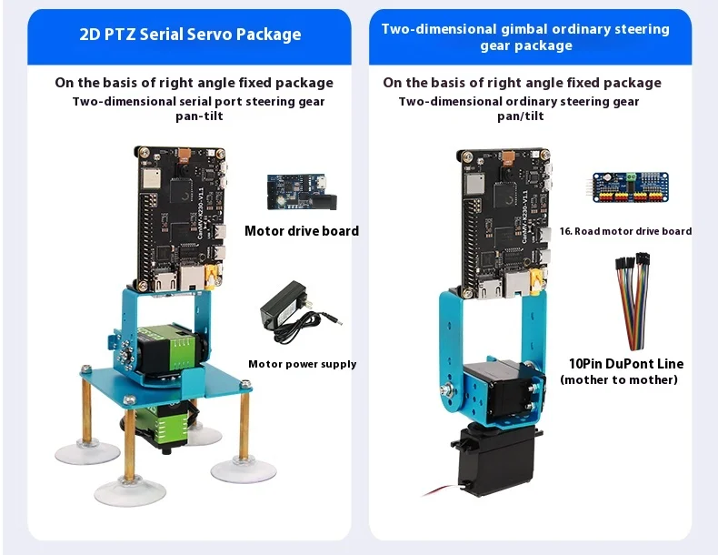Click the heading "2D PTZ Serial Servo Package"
coord(190,35)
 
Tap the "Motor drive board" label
coord(302,231)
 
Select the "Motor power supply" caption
coord(303,364)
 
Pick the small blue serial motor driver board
coord(302,192)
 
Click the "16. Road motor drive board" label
coord(625,231)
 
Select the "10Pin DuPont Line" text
coord(626,364)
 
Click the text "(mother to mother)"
coord(619,380)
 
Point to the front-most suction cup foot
coord(129,491)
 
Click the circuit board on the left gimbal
coord(182,219)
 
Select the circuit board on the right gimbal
coord(504,222)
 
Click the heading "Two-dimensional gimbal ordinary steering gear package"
coord(525,37)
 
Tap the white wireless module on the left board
coord(151,178)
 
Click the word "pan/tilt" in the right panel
coord(521,116)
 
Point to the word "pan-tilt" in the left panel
coord(199,116)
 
